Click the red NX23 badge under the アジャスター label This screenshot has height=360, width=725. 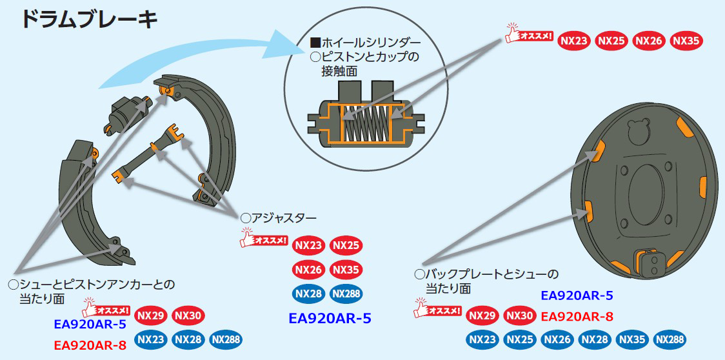pos(308,246)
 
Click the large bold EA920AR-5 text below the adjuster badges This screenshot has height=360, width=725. pos(330,318)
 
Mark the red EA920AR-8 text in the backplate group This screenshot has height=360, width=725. pos(577,316)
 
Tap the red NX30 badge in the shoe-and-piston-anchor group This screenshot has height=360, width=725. pos(188,315)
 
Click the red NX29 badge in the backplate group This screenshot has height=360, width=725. pos(482,315)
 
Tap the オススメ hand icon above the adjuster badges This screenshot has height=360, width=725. pos(263,239)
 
